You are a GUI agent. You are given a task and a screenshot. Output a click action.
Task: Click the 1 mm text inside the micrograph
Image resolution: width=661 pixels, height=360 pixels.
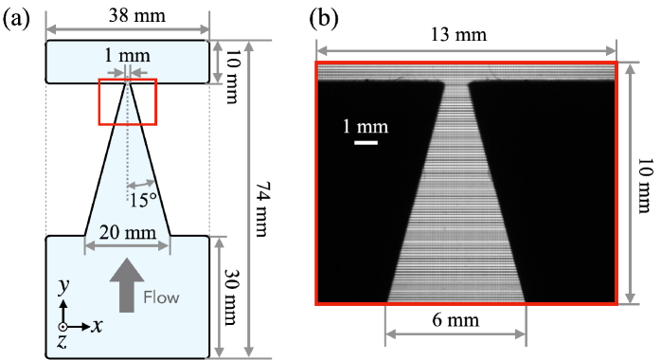click(365, 126)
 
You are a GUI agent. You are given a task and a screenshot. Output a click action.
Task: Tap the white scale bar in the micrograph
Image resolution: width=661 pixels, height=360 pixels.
click(366, 143)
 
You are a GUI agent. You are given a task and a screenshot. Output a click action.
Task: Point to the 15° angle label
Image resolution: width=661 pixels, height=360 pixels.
click(143, 200)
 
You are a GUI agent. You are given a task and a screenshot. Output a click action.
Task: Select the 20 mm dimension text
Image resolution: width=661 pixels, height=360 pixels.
click(126, 231)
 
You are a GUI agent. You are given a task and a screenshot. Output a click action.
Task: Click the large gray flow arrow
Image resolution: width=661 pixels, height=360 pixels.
click(126, 283)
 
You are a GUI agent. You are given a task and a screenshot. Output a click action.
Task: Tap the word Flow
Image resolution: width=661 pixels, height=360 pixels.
click(161, 297)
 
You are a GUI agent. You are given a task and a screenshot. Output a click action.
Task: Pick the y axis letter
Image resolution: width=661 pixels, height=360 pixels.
click(63, 284)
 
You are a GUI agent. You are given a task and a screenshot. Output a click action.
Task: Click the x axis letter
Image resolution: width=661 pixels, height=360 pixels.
click(97, 325)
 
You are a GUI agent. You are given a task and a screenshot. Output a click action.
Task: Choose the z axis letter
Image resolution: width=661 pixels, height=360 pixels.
click(62, 341)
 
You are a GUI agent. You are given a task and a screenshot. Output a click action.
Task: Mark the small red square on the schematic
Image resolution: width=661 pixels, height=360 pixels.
click(127, 101)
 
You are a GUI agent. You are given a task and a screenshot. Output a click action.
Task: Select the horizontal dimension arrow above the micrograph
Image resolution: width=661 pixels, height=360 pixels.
click(466, 49)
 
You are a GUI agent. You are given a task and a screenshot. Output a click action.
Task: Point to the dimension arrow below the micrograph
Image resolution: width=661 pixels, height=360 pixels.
click(456, 333)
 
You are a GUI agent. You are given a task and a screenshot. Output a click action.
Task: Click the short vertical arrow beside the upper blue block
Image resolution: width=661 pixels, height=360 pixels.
click(219, 62)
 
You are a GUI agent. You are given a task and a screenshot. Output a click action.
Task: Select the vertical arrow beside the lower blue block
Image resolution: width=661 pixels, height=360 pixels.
click(220, 297)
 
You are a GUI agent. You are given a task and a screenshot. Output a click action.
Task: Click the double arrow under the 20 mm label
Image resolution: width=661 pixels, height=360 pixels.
click(127, 246)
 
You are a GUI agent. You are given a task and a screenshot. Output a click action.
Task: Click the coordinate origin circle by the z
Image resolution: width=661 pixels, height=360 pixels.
click(63, 326)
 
